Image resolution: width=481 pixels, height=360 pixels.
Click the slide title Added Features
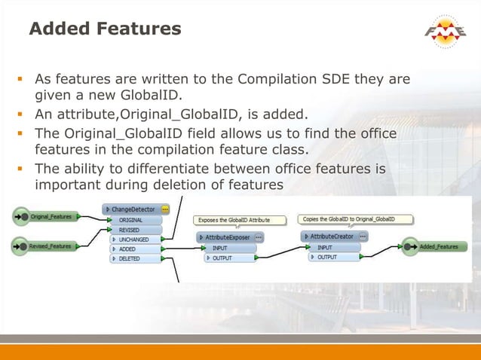click(105, 29)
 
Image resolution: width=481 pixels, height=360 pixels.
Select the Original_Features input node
click(50, 217)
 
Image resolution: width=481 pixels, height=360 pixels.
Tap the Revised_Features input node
click(50, 246)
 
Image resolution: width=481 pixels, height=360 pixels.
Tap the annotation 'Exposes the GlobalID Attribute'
click(240, 220)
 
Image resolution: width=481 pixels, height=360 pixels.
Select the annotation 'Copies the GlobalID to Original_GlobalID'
click(356, 219)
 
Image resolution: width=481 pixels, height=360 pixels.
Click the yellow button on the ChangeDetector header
click(164, 209)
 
